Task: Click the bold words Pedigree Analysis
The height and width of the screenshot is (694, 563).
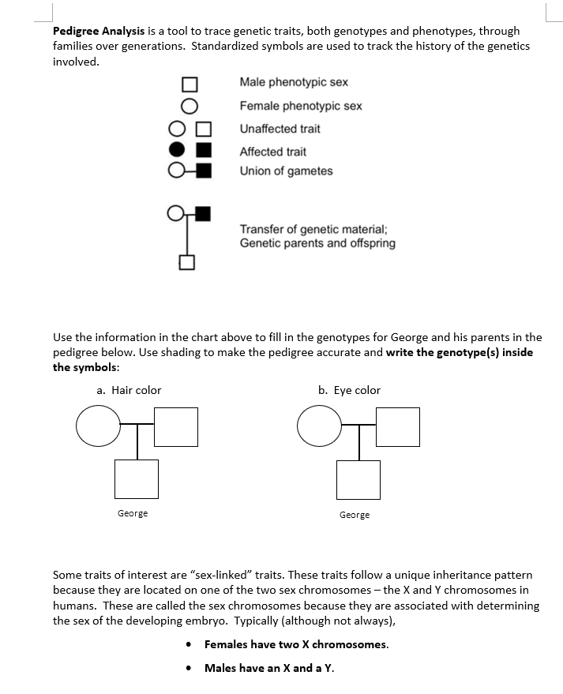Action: pos(99,32)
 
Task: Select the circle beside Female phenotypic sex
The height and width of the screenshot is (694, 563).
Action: pos(189,105)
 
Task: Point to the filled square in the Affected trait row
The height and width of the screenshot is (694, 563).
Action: pos(203,149)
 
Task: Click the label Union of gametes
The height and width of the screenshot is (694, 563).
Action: pos(286,171)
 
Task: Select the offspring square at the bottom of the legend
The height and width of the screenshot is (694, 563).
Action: pos(187,262)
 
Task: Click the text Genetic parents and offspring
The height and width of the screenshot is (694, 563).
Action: pos(317,243)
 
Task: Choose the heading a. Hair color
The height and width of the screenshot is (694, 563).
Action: pos(129,390)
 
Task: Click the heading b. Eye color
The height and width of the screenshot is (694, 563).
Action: pos(349,390)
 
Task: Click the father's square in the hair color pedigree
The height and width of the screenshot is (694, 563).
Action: pos(175,426)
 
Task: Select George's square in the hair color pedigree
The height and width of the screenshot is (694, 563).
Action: pos(137,478)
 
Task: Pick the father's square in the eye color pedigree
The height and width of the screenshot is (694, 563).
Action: pos(397,426)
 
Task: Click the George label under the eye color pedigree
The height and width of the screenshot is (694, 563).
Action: pos(355,515)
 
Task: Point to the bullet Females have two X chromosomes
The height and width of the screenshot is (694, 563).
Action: pos(296,644)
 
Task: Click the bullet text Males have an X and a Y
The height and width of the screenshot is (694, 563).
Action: pos(268,668)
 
